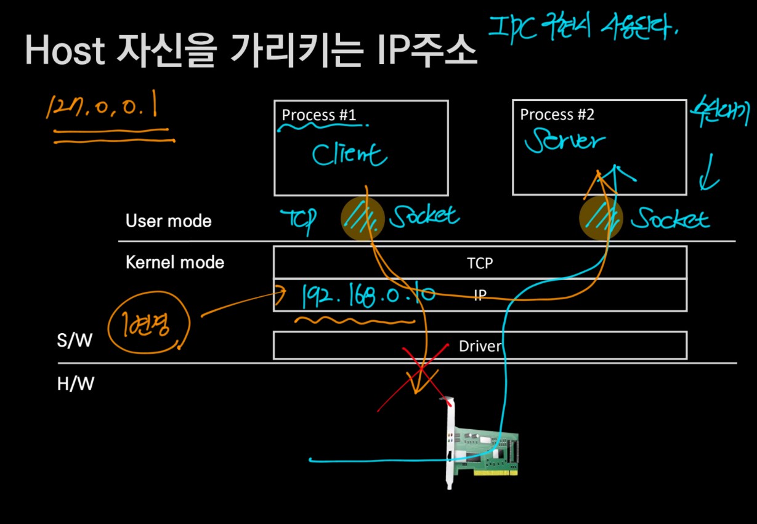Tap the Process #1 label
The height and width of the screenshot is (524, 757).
[319, 115]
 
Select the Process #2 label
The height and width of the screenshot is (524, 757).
[557, 115]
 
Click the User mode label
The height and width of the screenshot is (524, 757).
[168, 221]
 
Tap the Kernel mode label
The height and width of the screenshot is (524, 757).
[175, 263]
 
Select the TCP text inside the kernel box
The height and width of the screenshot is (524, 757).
[480, 264]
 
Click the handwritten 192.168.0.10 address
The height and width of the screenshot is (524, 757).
[368, 294]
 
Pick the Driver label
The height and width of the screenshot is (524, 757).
[480, 346]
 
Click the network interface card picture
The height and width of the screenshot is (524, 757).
[480, 445]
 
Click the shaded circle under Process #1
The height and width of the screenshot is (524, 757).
[363, 217]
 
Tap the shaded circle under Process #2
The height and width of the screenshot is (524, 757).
[601, 219]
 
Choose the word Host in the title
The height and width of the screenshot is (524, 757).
[67, 52]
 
